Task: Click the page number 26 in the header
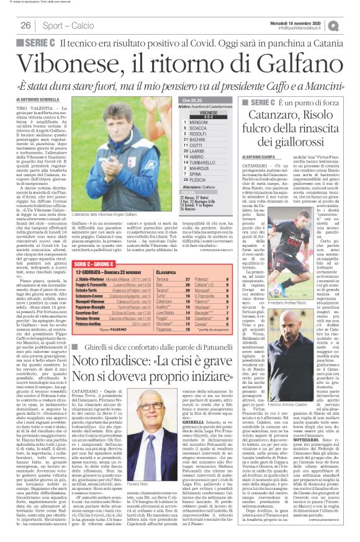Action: click(x=26, y=25)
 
